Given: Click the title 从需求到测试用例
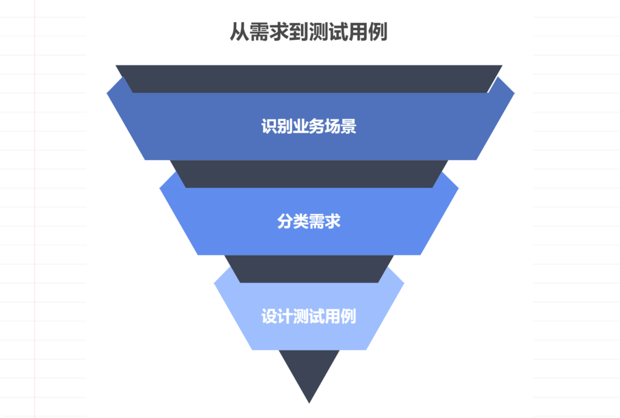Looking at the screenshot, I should pos(308,32).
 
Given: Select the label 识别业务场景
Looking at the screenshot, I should pos(309,127).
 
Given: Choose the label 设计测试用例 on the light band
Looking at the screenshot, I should pos(309,316).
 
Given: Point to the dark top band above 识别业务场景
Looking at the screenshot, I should pos(309,78).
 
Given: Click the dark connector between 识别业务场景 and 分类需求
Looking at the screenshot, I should pos(309,174).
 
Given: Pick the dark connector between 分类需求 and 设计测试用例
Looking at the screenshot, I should pos(309,268).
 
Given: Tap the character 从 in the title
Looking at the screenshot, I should pos(238,32).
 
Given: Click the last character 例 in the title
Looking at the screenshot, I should pos(378,32).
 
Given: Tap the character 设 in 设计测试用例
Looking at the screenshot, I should pos(269,316).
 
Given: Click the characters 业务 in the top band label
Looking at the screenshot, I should pos(309,127).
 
